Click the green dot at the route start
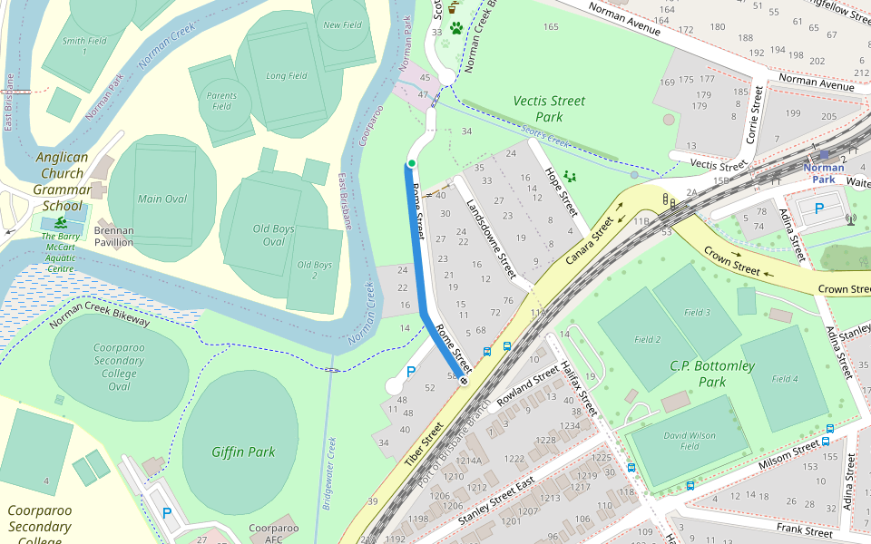click(411, 163)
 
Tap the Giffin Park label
click(243, 452)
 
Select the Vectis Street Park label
click(549, 109)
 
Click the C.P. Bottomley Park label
click(712, 374)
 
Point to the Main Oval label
click(162, 199)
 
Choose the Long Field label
click(287, 76)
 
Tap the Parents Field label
click(222, 101)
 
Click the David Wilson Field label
click(690, 441)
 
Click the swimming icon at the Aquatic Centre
click(60, 222)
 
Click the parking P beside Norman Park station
click(818, 209)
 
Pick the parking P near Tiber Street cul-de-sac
click(411, 371)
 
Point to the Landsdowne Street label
click(491, 238)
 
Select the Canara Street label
click(592, 242)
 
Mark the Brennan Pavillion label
click(114, 237)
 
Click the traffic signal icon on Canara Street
click(667, 199)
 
